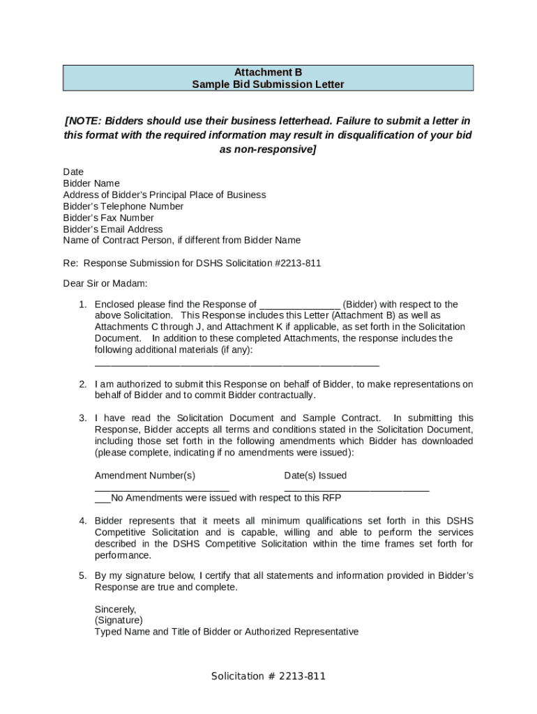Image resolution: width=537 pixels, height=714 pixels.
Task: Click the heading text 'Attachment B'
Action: tap(268, 72)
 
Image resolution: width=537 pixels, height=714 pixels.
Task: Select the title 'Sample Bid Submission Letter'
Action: tap(268, 84)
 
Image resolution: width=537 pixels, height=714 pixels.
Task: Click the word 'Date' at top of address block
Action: tap(73, 172)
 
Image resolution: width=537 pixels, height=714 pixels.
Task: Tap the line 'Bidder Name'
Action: tap(91, 183)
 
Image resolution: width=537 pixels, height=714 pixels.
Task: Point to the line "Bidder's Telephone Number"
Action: tap(123, 206)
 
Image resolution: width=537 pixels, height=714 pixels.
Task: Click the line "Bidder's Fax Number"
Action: tap(108, 218)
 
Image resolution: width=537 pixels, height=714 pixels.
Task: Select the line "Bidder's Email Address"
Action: tap(113, 229)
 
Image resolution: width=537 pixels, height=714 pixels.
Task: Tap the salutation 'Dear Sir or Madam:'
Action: tap(105, 283)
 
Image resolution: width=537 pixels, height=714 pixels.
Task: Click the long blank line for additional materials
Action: tap(236, 365)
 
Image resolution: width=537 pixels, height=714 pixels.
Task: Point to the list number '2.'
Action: tap(82, 384)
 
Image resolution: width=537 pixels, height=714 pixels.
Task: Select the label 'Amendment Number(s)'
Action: tap(145, 476)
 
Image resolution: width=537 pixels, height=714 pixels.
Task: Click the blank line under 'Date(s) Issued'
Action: tap(356, 490)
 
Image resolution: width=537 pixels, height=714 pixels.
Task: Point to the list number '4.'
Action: tap(82, 521)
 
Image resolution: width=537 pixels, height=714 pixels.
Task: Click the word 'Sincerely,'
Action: tap(115, 609)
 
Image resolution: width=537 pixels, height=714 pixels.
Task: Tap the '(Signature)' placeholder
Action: tap(119, 620)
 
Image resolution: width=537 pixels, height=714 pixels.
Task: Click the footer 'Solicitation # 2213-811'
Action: tap(268, 676)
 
